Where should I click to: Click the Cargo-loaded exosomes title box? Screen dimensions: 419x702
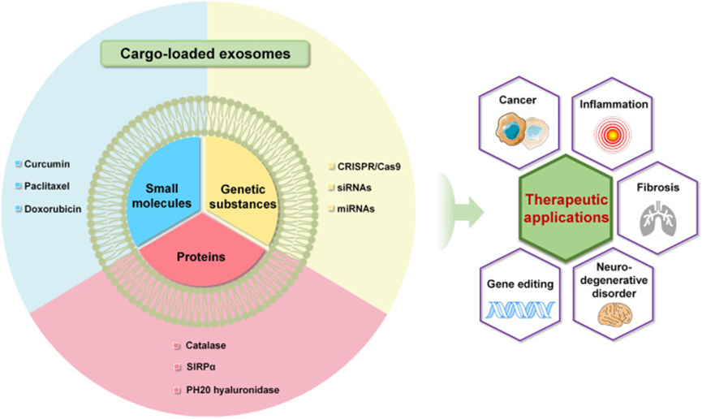click(x=206, y=55)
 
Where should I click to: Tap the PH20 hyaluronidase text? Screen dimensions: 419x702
click(x=230, y=391)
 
